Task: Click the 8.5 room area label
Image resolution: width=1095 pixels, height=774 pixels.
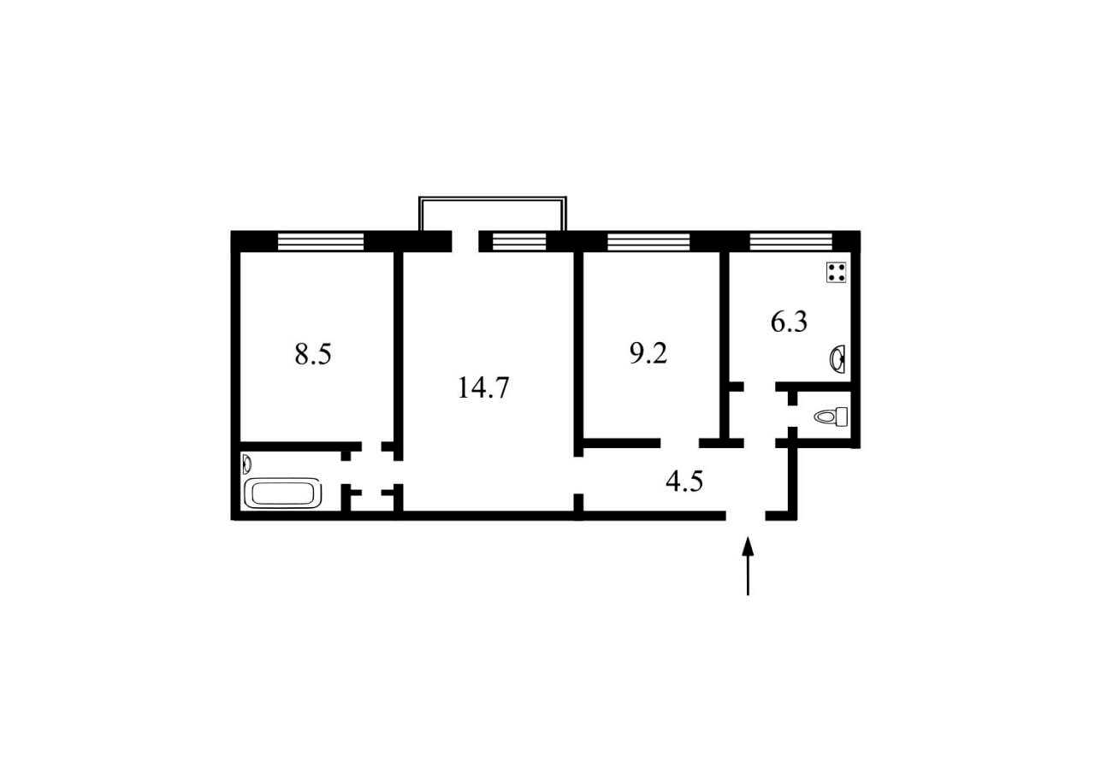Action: pos(313,354)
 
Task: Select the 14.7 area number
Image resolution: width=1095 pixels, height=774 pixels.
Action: pos(483,388)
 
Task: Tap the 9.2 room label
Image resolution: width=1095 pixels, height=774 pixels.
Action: pos(648,353)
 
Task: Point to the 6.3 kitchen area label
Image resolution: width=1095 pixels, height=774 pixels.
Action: pos(789,322)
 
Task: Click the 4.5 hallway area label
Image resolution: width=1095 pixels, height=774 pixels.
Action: pos(684,482)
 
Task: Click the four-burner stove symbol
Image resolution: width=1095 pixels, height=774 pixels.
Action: pos(837,272)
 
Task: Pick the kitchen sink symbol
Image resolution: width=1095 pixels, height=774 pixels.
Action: pos(838,359)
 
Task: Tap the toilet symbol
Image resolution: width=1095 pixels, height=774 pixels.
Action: pos(831,417)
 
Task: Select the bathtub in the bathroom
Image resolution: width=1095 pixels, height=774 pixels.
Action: pos(283,493)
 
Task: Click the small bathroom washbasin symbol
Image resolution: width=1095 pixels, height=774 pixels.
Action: pos(247,464)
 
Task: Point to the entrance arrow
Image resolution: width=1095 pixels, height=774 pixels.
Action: pos(748,566)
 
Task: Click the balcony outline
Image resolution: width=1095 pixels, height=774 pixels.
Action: pos(493,198)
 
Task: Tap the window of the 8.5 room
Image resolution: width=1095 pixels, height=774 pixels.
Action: pos(321,241)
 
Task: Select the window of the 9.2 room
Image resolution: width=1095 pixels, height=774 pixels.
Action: pos(648,241)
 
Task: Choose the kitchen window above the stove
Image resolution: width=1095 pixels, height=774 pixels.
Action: pos(791,241)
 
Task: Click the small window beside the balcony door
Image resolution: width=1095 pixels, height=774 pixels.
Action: pos(519,241)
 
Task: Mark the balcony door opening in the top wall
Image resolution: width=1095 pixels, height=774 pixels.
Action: pos(465,241)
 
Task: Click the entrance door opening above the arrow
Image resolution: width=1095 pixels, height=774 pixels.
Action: pos(745,516)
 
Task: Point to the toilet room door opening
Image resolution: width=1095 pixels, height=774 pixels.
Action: pos(792,417)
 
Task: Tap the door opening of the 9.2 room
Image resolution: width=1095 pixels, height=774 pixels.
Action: pos(679,443)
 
